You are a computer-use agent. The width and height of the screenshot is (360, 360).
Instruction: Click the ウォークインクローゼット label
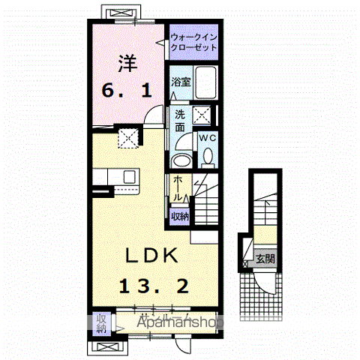point(193,41)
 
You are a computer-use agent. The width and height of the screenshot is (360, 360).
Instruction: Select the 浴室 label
point(181,82)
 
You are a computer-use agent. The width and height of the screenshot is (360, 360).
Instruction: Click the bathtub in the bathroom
point(205,83)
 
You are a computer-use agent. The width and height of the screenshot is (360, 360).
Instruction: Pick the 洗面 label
point(181,121)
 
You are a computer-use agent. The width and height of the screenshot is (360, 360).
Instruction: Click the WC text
point(208,138)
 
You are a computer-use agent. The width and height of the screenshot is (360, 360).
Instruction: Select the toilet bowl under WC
point(208,155)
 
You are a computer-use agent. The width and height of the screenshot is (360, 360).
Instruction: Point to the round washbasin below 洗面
point(181,160)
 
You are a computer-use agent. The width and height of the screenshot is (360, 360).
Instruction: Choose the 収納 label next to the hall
point(179,216)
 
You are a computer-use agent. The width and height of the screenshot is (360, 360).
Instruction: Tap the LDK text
point(151,256)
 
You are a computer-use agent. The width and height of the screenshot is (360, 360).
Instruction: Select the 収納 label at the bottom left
point(100,322)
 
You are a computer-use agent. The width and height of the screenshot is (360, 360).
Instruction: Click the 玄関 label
point(265,259)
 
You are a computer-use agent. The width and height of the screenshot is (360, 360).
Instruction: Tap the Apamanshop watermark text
point(180,322)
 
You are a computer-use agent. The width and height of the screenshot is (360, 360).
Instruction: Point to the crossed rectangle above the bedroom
point(118,15)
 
